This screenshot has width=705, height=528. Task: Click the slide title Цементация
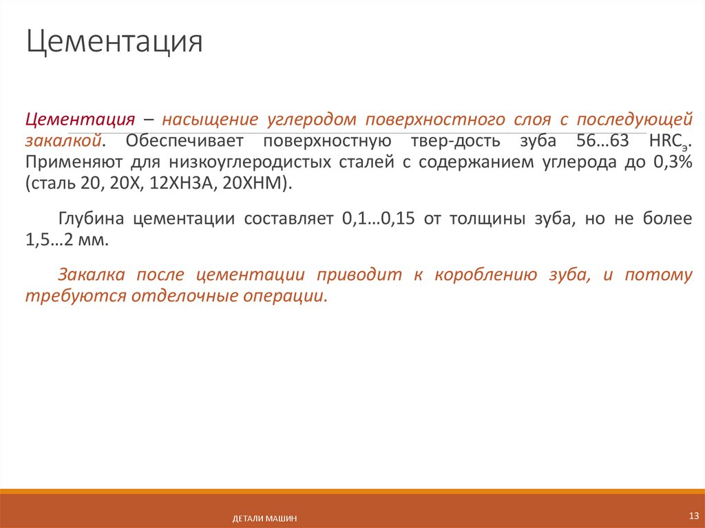(114, 43)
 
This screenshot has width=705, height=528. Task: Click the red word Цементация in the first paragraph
(79, 119)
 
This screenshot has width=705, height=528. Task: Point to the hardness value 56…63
(601, 141)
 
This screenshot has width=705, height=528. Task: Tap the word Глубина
(93, 220)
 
